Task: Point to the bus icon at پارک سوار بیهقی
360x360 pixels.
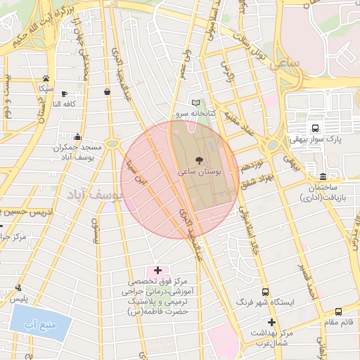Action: [314, 129]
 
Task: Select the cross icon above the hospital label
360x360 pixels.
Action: [157, 270]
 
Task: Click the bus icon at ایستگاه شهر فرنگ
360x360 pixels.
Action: [265, 292]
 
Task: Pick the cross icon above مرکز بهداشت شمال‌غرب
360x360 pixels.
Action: [271, 322]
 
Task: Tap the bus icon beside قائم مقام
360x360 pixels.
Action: [339, 311]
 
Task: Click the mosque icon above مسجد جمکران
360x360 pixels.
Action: [77, 137]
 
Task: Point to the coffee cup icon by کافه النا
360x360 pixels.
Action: [65, 94]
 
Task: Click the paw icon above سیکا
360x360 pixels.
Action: [46, 79]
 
